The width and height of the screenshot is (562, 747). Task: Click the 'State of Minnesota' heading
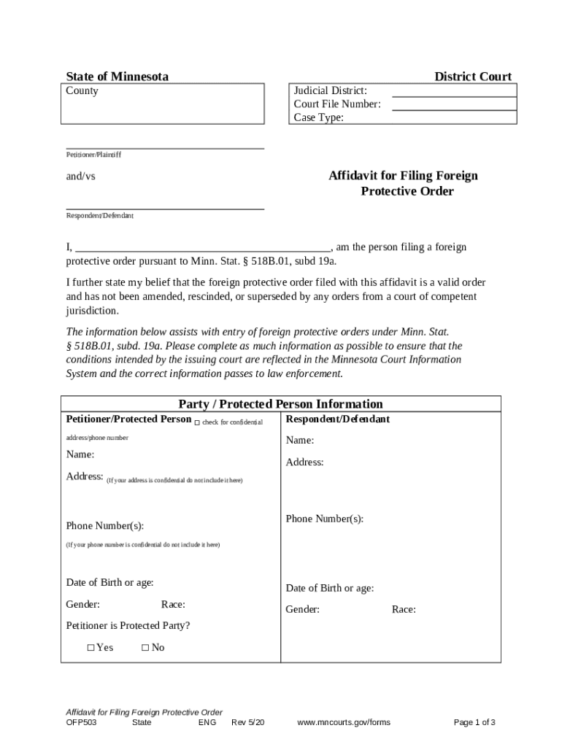(x=117, y=77)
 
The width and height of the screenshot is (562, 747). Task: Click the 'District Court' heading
(x=473, y=77)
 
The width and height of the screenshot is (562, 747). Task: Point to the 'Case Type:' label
(x=318, y=117)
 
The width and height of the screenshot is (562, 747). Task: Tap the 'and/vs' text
(x=81, y=177)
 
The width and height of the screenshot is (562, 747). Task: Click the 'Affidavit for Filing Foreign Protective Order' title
(x=403, y=184)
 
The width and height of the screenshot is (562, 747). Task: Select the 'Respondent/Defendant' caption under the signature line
(x=100, y=216)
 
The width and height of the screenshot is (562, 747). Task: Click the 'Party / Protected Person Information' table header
(x=280, y=404)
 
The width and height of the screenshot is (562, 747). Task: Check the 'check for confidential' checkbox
(x=197, y=423)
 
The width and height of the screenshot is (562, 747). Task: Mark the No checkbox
(x=145, y=648)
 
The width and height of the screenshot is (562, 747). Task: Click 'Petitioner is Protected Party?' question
(x=128, y=626)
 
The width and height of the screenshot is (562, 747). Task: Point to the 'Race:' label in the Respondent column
(x=404, y=610)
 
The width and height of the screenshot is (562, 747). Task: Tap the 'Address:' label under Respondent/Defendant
(x=304, y=462)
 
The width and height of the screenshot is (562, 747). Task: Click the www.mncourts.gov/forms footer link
(x=344, y=723)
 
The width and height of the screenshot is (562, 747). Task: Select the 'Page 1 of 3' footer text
(x=474, y=723)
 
